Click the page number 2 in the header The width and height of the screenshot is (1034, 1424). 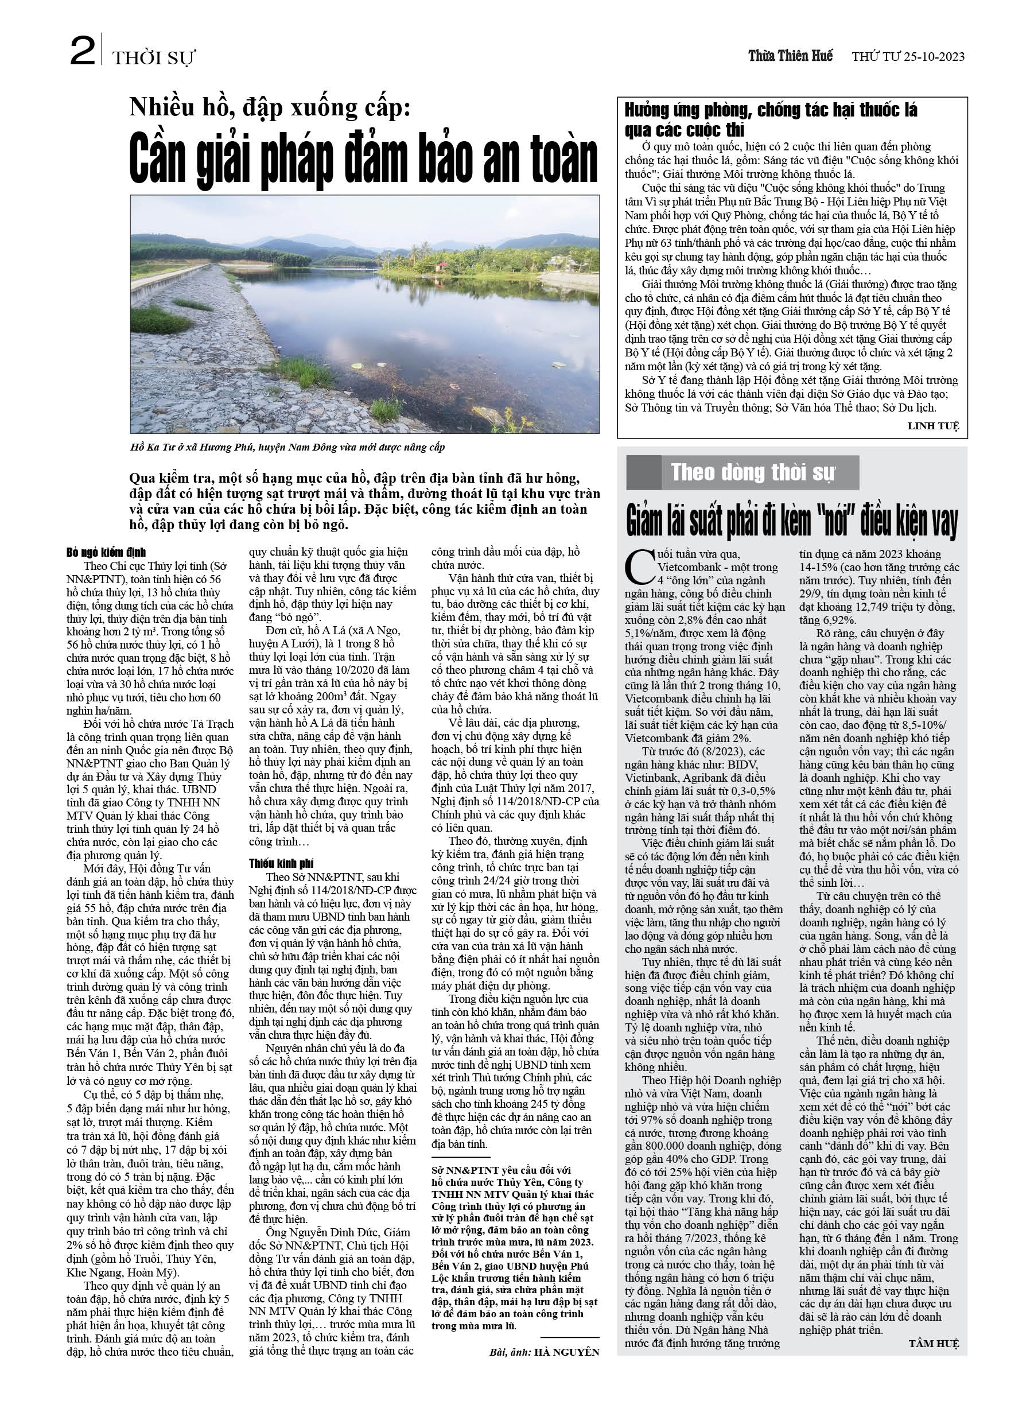coord(81,52)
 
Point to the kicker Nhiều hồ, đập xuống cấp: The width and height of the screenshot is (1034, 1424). coord(270,107)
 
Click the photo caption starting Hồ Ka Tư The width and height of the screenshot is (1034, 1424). coord(287,447)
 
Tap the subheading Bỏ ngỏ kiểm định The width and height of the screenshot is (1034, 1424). coord(106,553)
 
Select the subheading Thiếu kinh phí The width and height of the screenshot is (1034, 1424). coord(281,863)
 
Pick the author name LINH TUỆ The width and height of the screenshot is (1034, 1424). coord(933,426)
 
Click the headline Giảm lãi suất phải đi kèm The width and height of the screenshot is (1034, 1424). coord(792,522)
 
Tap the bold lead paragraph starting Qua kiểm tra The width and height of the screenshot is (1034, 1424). coord(364,501)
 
